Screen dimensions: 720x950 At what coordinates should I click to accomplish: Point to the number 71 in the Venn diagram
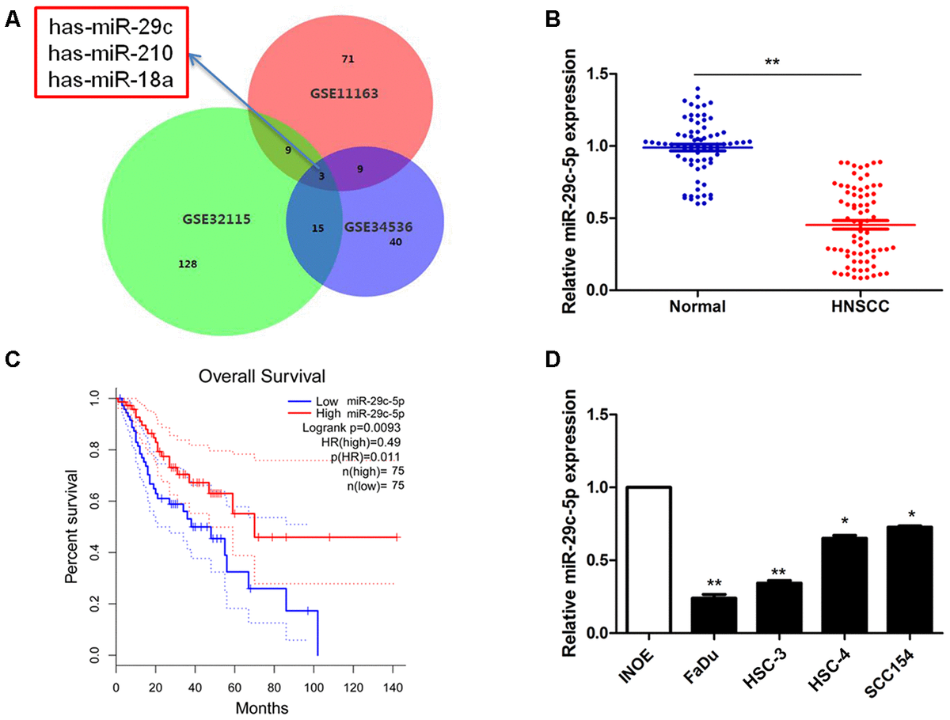pyautogui.click(x=347, y=58)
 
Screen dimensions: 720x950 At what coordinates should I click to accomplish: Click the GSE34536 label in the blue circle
pyautogui.click(x=378, y=227)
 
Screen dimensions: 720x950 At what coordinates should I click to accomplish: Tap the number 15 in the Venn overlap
pyautogui.click(x=317, y=228)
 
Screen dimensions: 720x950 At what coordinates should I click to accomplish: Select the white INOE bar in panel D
pyautogui.click(x=648, y=559)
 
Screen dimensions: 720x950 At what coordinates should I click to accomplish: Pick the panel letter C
pyautogui.click(x=11, y=358)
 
